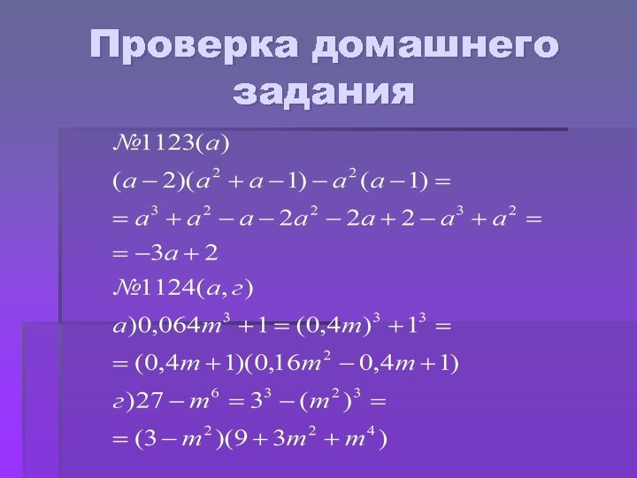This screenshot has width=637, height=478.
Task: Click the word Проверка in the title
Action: coord(196,46)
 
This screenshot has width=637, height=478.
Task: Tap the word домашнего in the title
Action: coord(435,46)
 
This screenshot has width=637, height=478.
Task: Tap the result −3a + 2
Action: coord(176,254)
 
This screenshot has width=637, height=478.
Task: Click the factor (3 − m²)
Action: coord(173,437)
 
